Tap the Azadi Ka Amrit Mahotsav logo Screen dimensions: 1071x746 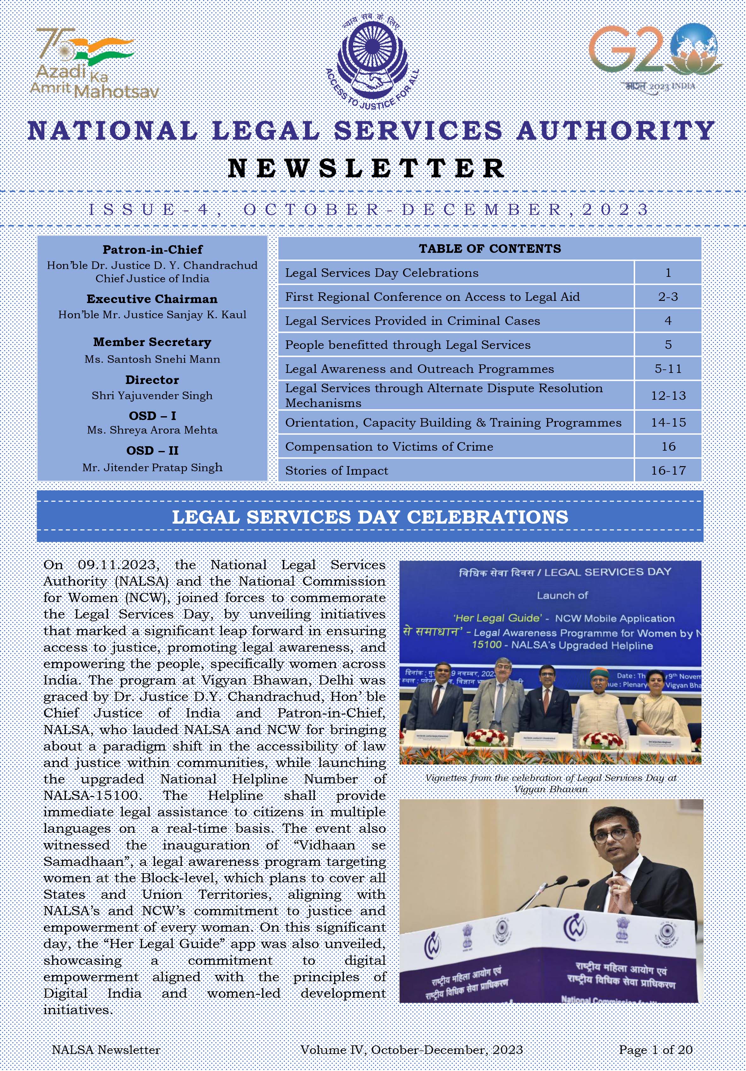click(x=93, y=63)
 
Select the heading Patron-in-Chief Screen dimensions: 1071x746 click(x=153, y=250)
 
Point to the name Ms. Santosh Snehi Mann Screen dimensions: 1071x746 click(x=153, y=359)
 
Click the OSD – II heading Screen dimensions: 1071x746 click(x=153, y=451)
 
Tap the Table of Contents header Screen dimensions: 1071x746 click(x=490, y=249)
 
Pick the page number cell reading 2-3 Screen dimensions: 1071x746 click(x=668, y=297)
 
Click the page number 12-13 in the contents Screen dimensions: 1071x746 click(x=668, y=396)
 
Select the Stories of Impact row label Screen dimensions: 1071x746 click(x=337, y=471)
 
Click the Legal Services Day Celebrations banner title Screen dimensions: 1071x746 click(x=370, y=517)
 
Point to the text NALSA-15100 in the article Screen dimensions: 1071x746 click(x=91, y=795)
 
